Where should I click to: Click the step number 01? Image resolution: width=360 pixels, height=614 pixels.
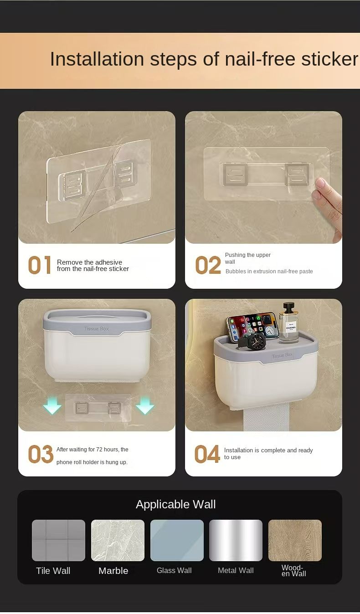[x=40, y=265]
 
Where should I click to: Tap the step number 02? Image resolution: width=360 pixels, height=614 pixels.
[x=208, y=265]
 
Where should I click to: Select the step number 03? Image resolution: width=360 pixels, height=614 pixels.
[x=41, y=454]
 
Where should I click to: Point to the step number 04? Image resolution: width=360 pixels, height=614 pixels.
[x=207, y=454]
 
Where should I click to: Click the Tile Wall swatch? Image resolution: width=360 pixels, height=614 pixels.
[x=58, y=540]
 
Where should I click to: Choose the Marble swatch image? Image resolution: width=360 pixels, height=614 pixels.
[x=118, y=540]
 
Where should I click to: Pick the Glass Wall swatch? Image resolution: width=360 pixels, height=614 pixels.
[x=177, y=540]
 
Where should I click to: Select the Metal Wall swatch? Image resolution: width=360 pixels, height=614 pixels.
[x=236, y=540]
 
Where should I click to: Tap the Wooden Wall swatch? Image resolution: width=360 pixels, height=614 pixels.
[x=295, y=540]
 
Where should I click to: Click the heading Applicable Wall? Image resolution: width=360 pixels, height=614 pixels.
[x=176, y=504]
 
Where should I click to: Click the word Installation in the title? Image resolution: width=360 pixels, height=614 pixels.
[x=97, y=59]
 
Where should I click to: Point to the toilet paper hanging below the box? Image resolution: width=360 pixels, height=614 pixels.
[x=267, y=417]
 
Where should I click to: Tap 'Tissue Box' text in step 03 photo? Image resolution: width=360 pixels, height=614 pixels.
[x=97, y=328]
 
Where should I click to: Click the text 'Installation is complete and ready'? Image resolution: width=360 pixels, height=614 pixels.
[x=268, y=450]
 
